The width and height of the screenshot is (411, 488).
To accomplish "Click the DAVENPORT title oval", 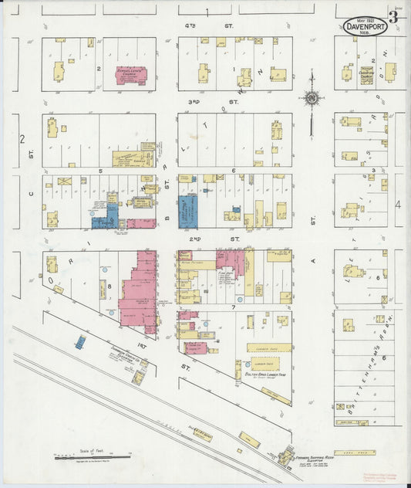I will point(362,25).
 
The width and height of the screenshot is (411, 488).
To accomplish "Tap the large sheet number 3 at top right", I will point(393,17).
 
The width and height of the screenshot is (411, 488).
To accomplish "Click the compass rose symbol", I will point(312,98).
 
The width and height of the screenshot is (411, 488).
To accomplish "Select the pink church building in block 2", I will point(131,75).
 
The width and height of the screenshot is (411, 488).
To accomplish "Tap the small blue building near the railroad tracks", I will point(79,341).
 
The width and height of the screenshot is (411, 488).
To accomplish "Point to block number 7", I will point(232,307).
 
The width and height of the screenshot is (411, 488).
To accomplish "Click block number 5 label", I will point(99,169).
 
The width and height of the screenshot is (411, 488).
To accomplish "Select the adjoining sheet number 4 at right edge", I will point(399,205).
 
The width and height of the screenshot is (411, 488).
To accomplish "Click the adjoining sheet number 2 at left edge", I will point(23,139).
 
